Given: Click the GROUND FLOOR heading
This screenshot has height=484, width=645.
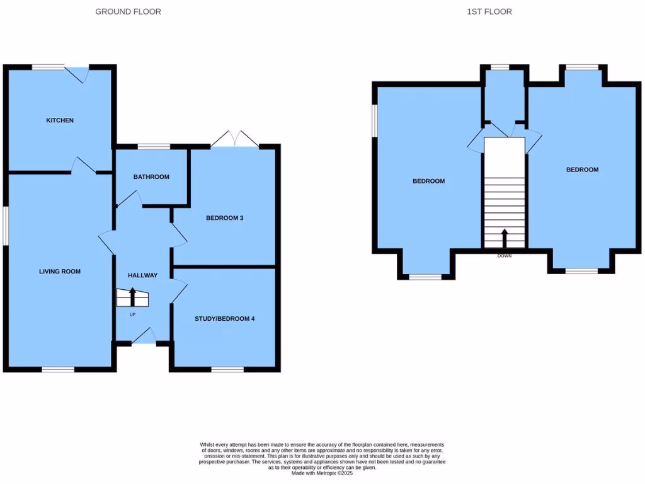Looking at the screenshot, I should point(128,11).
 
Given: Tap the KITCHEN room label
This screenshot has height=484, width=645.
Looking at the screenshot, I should point(60,120).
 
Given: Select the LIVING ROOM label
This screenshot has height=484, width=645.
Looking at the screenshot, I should point(60,272).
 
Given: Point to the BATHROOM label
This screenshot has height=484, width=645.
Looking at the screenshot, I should point(151,177).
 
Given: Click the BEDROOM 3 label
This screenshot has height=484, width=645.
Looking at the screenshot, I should point(225,218).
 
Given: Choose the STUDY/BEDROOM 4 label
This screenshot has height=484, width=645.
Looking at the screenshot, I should point(225,318).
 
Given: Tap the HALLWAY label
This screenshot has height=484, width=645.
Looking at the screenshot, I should point(142,275).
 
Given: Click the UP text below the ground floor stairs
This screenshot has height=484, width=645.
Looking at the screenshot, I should point(132,314).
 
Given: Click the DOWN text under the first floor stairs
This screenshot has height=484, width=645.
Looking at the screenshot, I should point(505,256).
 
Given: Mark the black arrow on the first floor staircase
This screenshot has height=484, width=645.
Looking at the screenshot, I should point(505,238).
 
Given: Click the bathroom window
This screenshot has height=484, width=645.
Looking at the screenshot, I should point(154,147).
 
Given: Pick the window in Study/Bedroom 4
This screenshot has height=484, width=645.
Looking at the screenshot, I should point(227,369).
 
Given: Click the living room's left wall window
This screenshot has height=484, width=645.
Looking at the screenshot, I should point(5,226).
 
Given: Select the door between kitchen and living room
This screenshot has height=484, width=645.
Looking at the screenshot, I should point(83,165).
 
